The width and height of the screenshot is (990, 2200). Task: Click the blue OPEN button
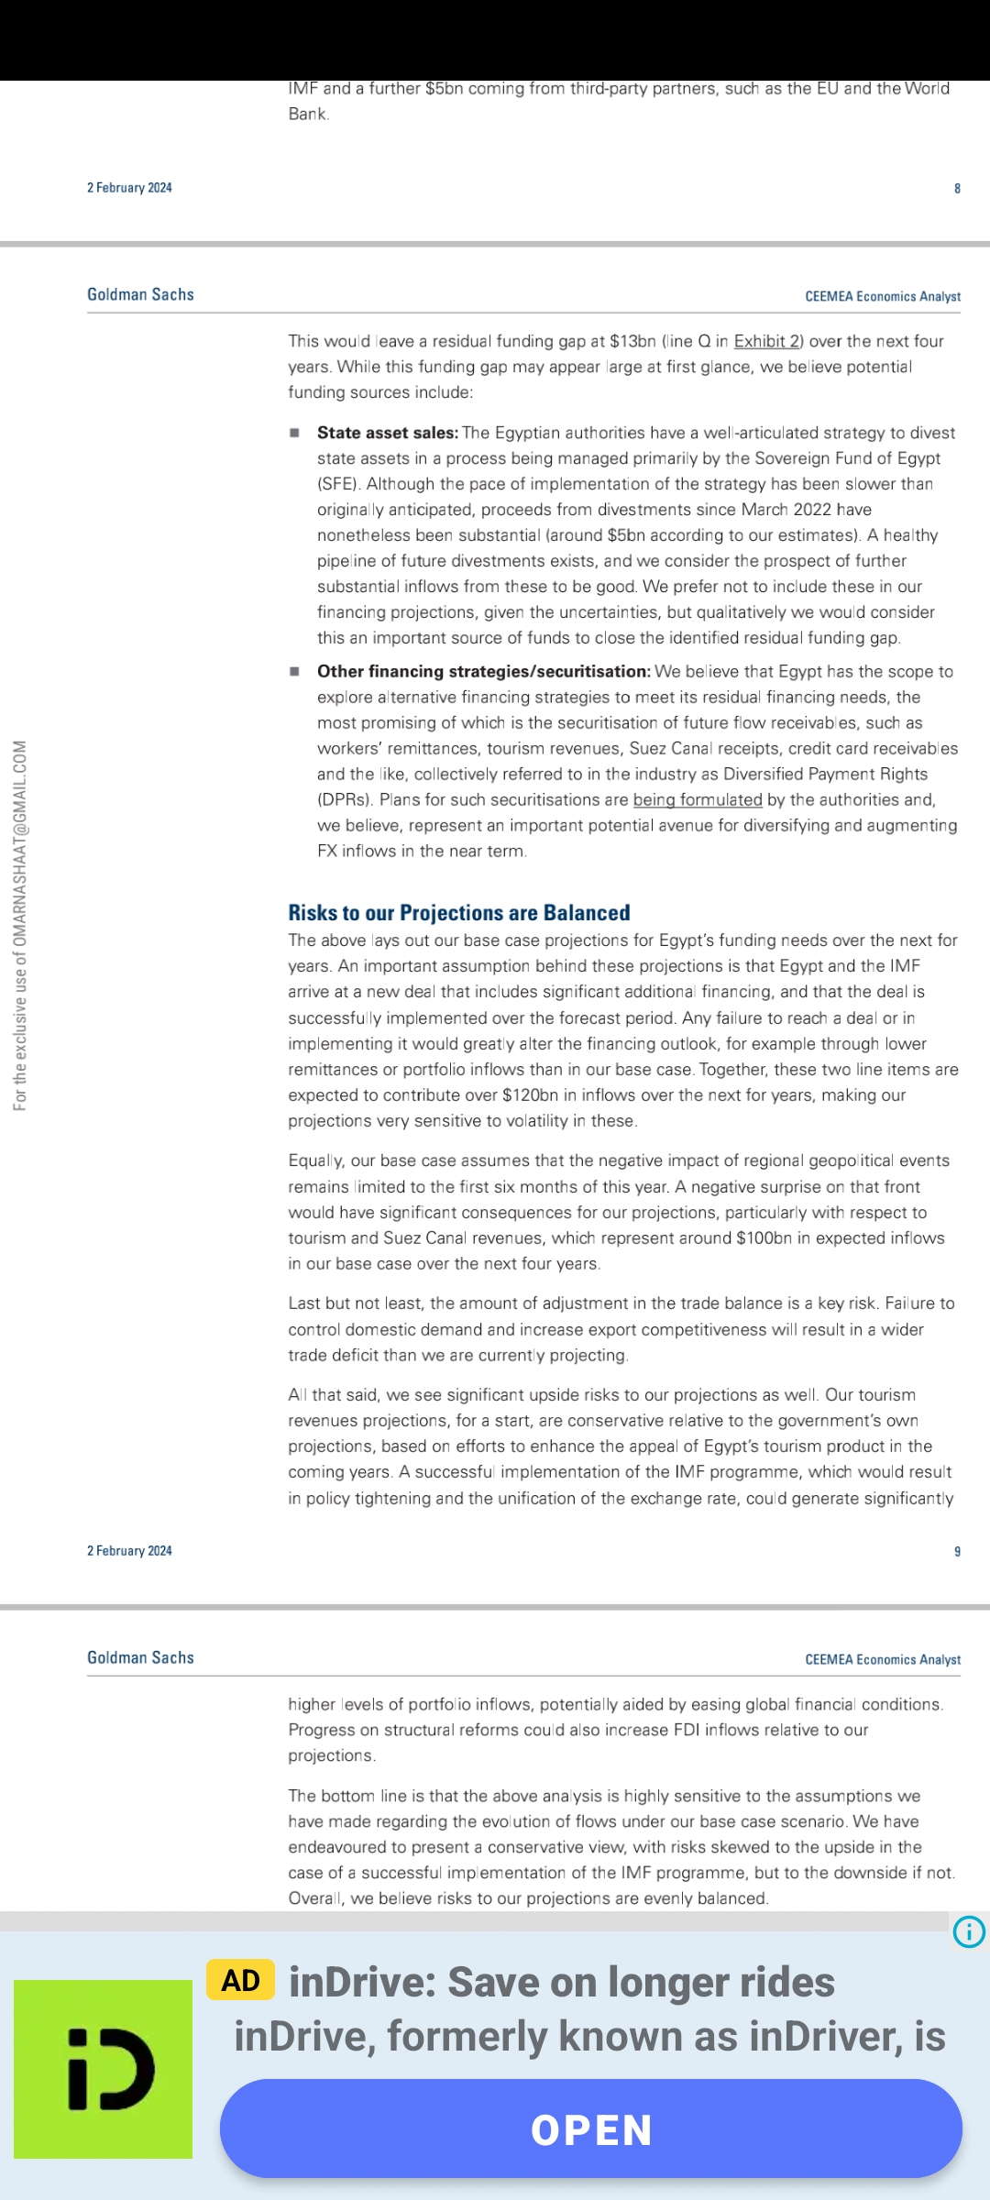pyautogui.click(x=590, y=2128)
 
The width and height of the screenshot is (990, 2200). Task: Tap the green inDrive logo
pyautogui.click(x=103, y=2069)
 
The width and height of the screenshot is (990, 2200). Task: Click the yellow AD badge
pyautogui.click(x=240, y=1980)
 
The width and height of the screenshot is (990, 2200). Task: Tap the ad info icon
pyautogui.click(x=969, y=1931)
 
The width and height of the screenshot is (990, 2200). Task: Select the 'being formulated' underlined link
pyautogui.click(x=698, y=799)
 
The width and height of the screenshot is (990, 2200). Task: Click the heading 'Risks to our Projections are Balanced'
pyautogui.click(x=459, y=913)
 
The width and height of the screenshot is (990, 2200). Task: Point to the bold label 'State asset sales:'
pyautogui.click(x=387, y=433)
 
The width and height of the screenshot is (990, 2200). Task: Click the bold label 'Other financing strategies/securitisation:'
pyautogui.click(x=483, y=671)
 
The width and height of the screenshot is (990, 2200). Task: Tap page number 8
pyautogui.click(x=957, y=188)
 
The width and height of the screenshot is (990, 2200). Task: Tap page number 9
pyautogui.click(x=957, y=1551)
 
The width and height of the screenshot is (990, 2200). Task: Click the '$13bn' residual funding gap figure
pyautogui.click(x=632, y=341)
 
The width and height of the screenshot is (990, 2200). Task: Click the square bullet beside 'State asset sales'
pyautogui.click(x=294, y=433)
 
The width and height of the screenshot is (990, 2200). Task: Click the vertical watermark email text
pyautogui.click(x=20, y=926)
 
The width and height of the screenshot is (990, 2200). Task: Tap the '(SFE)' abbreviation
pyautogui.click(x=337, y=484)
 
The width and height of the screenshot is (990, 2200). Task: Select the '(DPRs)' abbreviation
pyautogui.click(x=345, y=799)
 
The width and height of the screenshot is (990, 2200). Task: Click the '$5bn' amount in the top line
pyautogui.click(x=444, y=89)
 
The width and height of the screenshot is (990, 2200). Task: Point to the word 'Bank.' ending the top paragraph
pyautogui.click(x=308, y=114)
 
